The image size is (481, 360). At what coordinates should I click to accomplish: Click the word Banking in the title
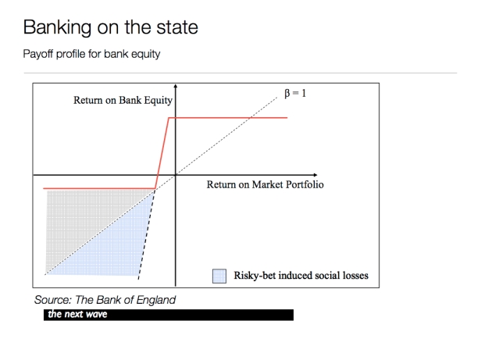57,28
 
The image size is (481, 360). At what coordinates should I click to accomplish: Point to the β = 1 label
295,93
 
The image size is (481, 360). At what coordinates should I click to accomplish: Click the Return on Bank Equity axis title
123,101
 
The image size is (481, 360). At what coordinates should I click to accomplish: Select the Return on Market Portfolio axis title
265,184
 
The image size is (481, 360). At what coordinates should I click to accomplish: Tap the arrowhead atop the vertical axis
176,86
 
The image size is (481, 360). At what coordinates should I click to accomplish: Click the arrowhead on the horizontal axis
315,175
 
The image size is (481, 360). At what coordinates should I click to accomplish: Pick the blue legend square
219,276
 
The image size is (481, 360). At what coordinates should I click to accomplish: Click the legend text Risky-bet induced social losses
301,276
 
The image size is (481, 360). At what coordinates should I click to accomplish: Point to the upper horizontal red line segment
228,118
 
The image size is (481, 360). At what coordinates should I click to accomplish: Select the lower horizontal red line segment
99,188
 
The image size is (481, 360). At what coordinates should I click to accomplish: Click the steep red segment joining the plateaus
162,153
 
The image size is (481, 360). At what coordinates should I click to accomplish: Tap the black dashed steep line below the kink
146,233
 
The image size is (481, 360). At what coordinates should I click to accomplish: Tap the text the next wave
77,314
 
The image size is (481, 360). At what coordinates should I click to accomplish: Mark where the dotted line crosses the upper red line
251,118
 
